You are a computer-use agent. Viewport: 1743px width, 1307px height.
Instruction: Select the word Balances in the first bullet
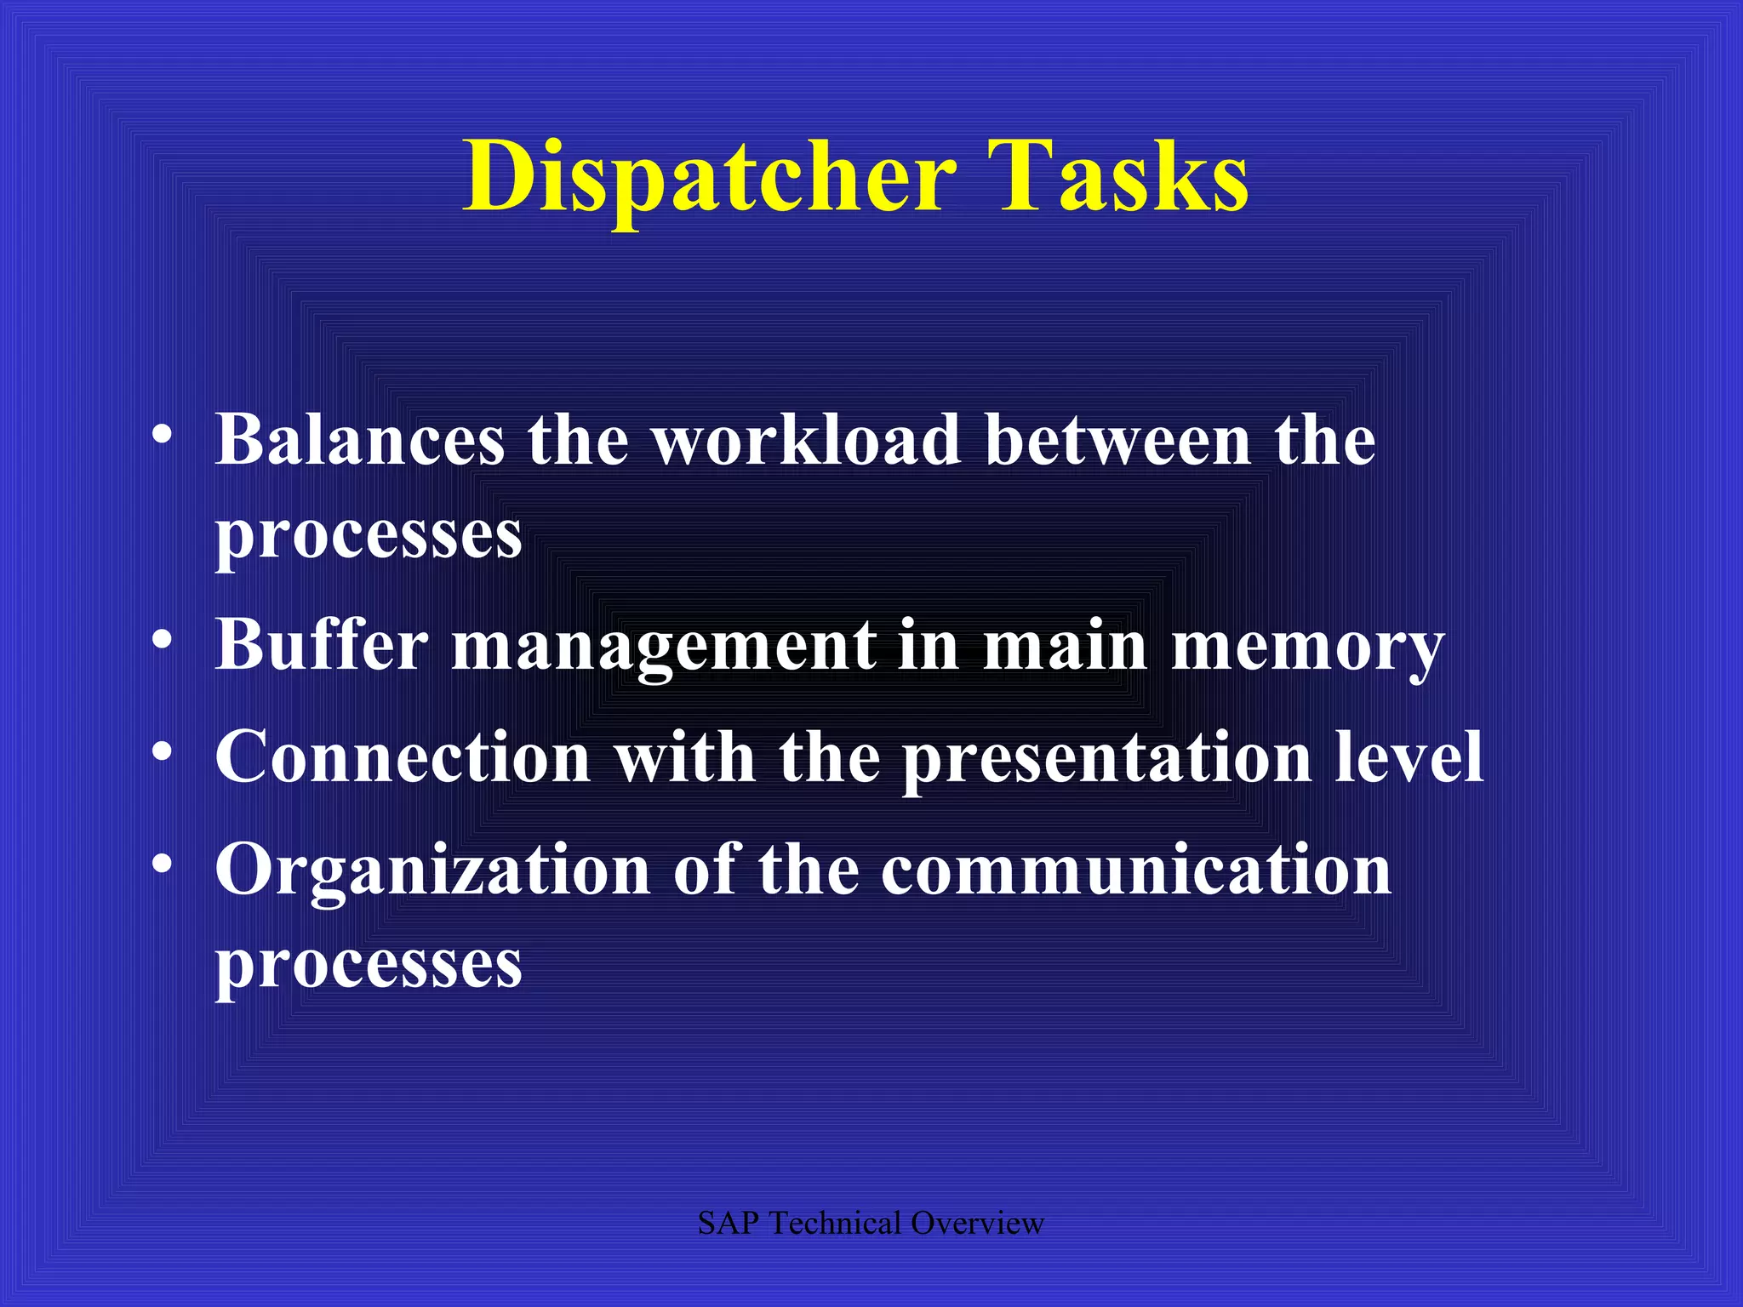tap(360, 440)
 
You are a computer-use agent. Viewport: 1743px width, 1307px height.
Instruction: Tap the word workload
tap(807, 440)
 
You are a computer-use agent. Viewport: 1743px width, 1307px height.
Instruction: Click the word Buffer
tap(322, 644)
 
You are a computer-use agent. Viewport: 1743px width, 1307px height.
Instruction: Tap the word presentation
tap(1107, 757)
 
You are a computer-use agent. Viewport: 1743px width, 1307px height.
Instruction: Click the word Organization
tap(433, 870)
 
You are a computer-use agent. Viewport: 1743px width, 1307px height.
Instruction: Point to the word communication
tap(1136, 870)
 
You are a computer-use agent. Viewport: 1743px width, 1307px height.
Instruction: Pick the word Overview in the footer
tap(977, 1224)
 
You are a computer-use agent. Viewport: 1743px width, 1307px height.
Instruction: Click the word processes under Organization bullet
tap(369, 963)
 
